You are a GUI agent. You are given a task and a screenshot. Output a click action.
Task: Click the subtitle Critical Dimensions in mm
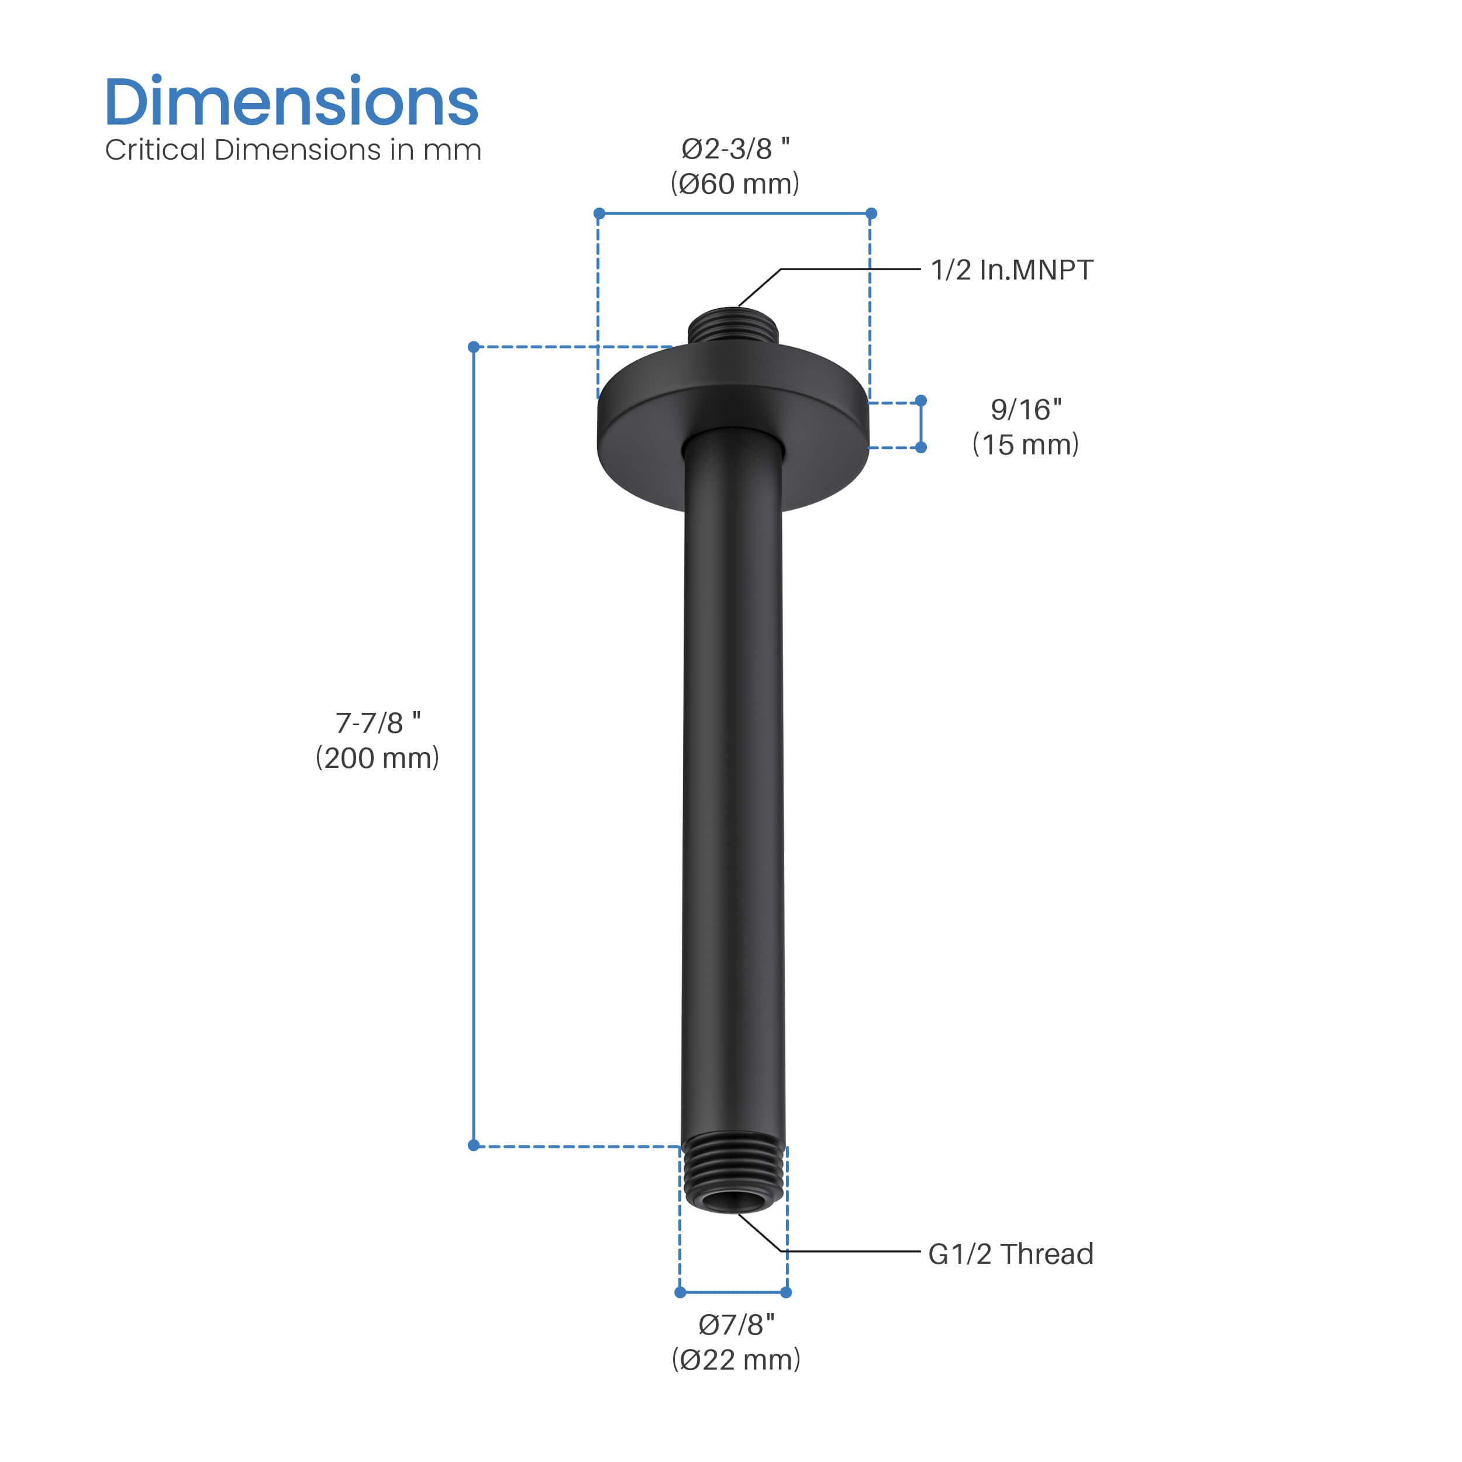[293, 150]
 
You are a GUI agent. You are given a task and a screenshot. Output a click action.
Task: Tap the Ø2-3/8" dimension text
[735, 149]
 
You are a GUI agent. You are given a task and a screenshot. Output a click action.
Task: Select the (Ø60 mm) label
[735, 184]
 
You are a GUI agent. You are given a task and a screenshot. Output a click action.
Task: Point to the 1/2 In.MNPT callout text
[1011, 270]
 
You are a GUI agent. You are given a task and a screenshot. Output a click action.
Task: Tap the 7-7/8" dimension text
[378, 723]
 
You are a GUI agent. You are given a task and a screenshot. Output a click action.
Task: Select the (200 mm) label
[378, 757]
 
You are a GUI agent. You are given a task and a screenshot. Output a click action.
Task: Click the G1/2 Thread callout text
[1010, 1254]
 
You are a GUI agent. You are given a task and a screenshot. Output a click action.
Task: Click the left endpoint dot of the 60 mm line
[599, 213]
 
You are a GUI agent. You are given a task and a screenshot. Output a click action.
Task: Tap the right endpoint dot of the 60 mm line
[871, 213]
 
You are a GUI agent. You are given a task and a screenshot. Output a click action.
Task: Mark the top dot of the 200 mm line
[474, 347]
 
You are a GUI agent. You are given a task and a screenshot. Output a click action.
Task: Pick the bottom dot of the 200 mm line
[474, 1145]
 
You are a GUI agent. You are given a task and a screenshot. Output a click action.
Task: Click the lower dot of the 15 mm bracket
[921, 447]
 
